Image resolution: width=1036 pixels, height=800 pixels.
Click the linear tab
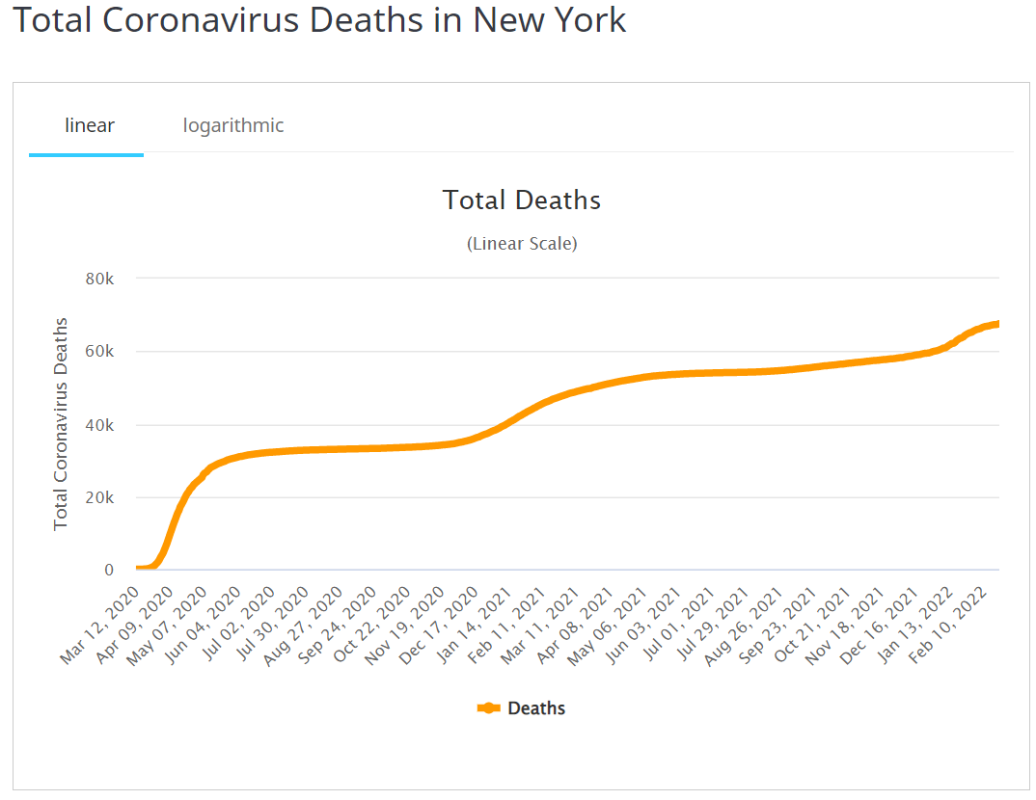point(89,125)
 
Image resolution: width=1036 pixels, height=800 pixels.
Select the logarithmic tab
point(233,125)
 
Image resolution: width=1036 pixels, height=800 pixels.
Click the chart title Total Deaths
point(521,200)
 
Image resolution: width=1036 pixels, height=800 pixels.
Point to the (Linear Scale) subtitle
point(521,244)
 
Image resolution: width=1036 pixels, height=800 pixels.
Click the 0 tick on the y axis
point(109,571)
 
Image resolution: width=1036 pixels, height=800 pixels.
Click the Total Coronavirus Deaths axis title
point(61,424)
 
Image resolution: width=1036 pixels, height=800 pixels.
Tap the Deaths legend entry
point(522,708)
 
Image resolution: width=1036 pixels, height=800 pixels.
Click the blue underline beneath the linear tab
point(86,154)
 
